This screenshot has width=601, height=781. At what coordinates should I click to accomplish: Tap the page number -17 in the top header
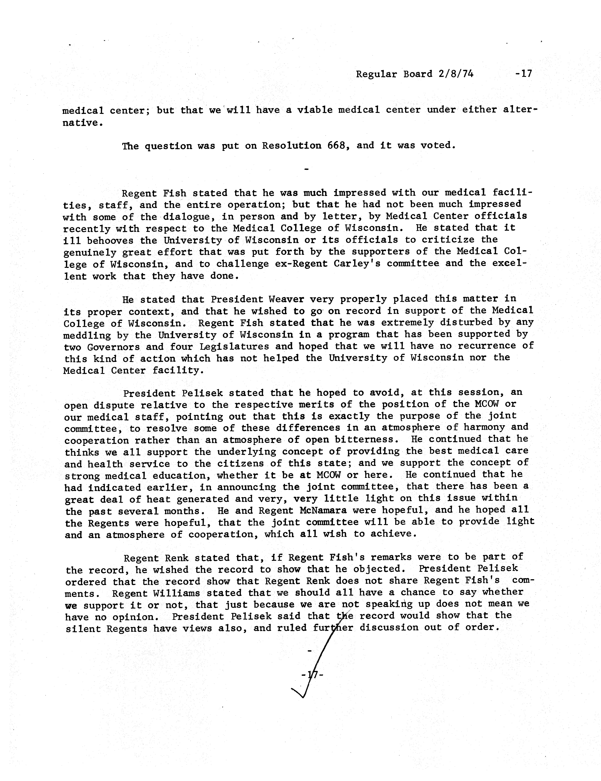click(523, 74)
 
